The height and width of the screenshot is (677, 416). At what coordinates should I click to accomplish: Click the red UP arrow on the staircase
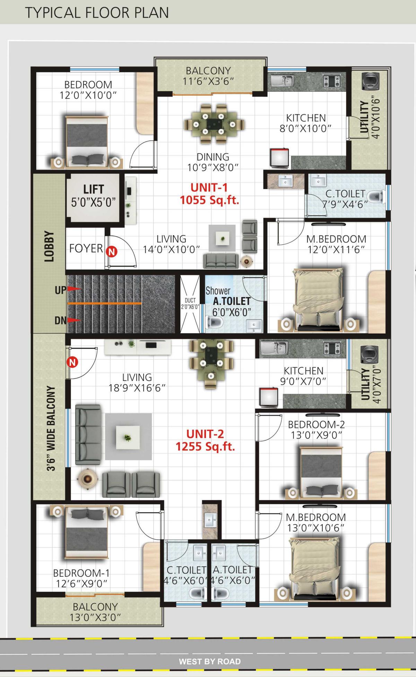coord(73,289)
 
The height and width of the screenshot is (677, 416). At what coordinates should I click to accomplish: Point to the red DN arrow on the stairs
coord(73,320)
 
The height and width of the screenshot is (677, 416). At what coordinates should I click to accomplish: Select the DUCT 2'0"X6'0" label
coord(190,304)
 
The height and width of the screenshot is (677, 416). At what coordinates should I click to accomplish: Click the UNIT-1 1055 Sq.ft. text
coord(209,194)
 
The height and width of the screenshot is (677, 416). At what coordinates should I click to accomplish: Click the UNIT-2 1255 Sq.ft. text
coord(205,440)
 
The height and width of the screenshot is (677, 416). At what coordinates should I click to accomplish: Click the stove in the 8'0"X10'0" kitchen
coord(332,81)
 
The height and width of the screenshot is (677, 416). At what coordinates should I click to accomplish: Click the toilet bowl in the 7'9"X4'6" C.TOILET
coord(375,197)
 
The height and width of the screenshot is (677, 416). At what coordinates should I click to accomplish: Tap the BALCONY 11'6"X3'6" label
coord(208,76)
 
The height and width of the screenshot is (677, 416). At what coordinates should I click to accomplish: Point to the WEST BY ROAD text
coord(210,661)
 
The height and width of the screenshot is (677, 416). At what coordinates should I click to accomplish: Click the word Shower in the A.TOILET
coord(218,291)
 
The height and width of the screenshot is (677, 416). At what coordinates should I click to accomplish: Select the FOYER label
coord(86,248)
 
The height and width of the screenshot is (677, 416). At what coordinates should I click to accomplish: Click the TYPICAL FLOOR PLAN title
coord(97,12)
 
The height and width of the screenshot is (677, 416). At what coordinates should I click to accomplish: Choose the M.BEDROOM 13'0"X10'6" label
coord(316,522)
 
